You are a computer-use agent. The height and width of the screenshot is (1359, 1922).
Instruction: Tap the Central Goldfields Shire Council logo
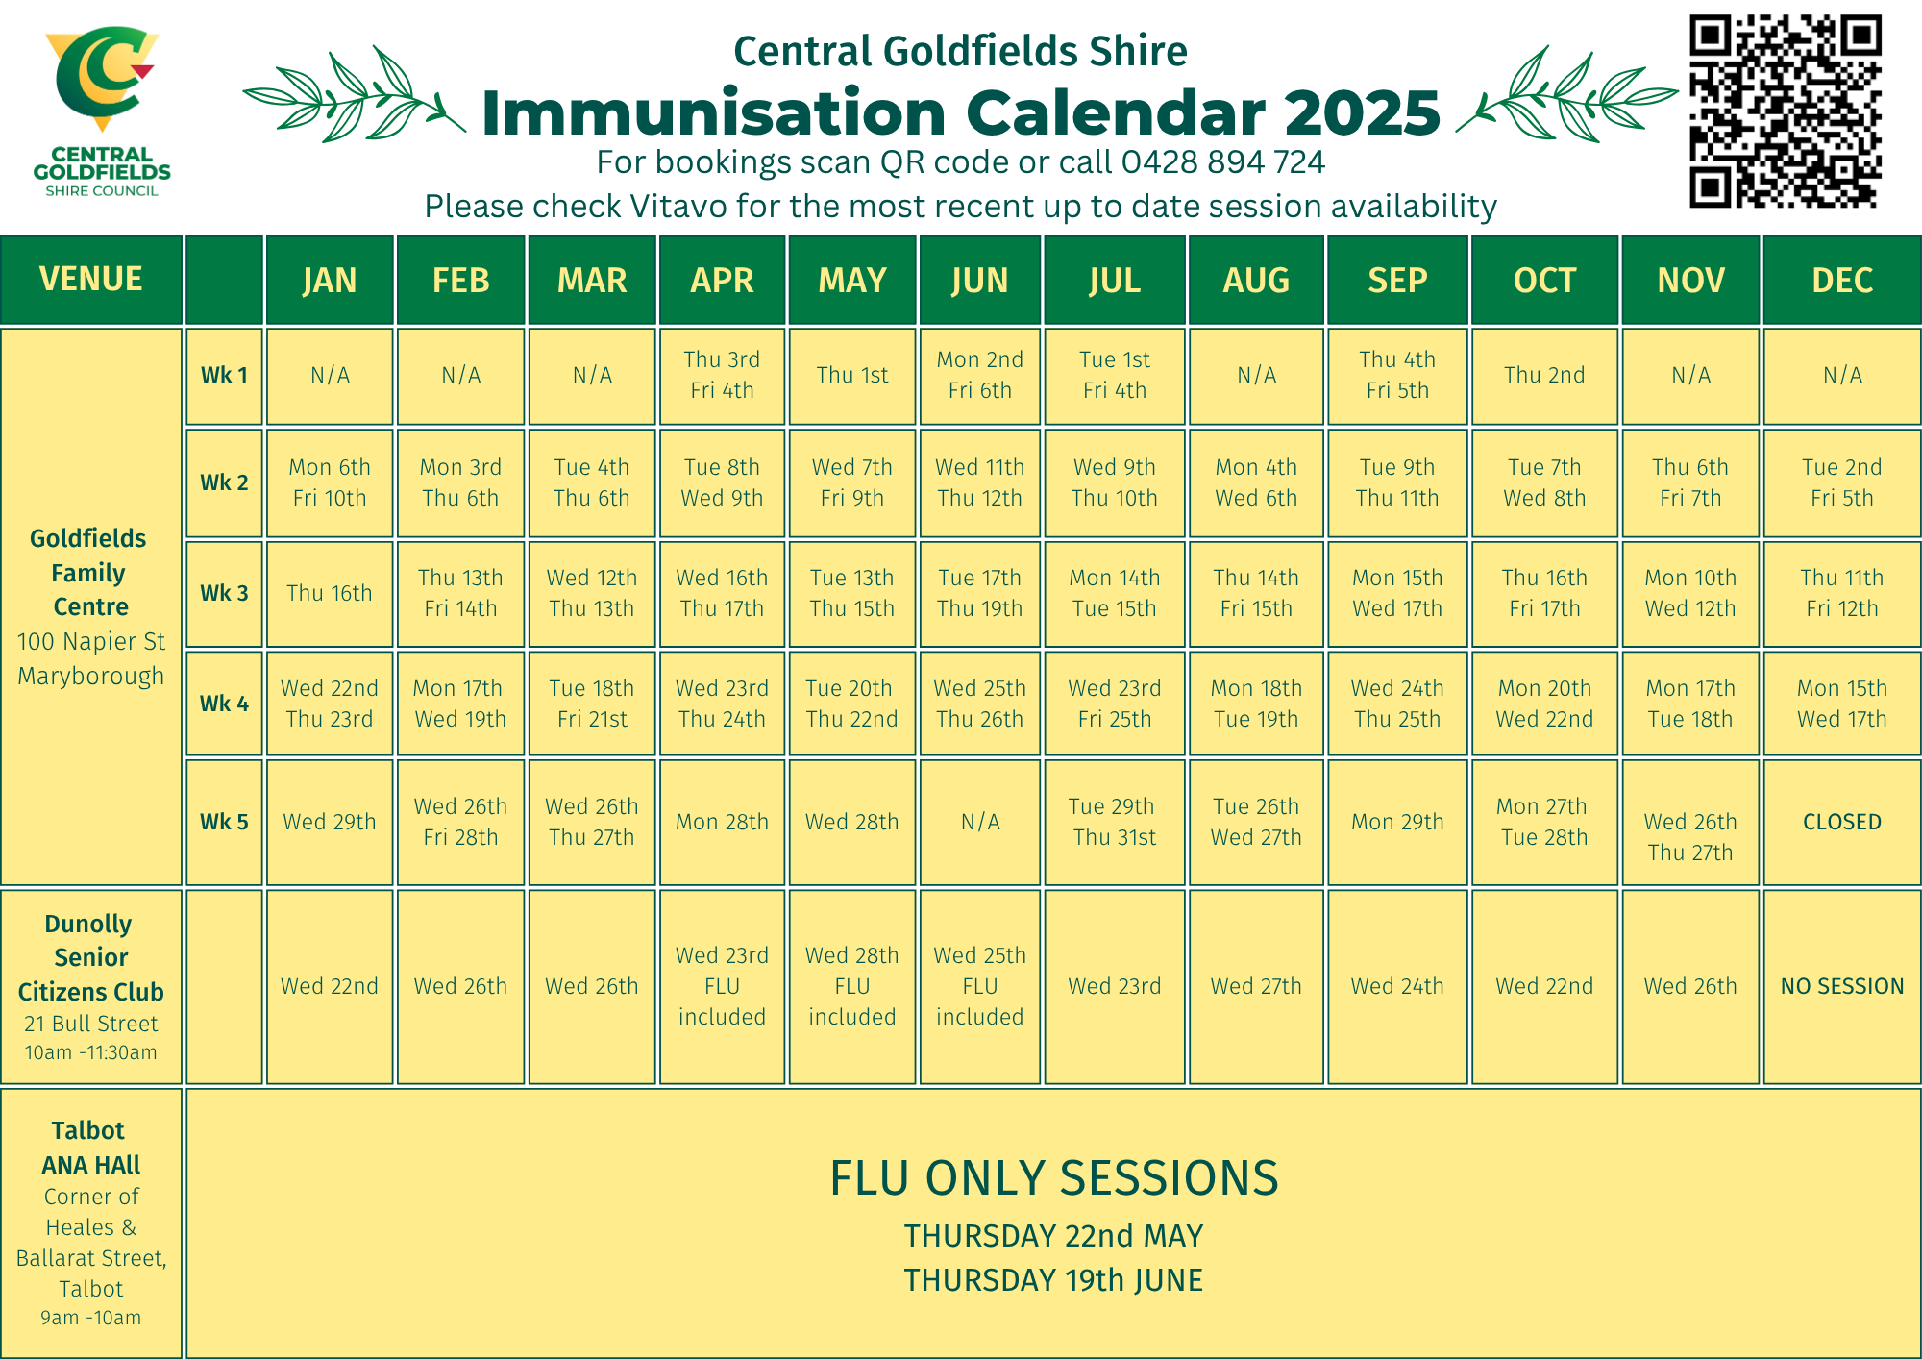(101, 111)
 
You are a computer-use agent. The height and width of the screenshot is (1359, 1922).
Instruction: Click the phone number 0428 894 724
(1222, 162)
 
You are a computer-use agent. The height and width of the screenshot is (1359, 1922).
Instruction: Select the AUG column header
(1256, 280)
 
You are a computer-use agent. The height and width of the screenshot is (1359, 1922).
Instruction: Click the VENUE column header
(91, 280)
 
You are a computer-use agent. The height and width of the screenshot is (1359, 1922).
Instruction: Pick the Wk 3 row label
(224, 593)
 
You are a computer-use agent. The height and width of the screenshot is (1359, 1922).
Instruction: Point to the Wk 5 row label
(224, 822)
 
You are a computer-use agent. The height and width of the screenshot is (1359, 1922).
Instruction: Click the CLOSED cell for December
(1841, 822)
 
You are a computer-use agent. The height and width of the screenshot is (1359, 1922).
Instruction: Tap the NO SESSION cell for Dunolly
(1841, 986)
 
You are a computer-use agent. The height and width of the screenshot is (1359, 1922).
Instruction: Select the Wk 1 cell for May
(851, 375)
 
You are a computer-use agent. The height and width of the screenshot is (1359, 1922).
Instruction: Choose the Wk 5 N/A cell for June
(980, 822)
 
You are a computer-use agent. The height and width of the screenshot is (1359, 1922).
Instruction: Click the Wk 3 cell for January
(330, 593)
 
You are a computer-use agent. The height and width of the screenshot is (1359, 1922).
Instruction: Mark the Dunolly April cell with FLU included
(722, 986)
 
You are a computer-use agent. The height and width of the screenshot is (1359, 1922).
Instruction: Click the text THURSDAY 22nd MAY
(1053, 1236)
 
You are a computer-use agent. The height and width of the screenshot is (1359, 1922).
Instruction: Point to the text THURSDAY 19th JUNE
(1053, 1280)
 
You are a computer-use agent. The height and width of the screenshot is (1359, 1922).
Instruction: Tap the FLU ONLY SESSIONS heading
(1054, 1177)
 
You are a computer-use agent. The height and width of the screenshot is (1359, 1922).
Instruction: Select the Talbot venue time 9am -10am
(91, 1318)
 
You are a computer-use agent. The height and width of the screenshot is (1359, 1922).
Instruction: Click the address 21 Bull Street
(91, 1024)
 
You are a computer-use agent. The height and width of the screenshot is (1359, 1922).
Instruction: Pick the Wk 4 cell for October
(1544, 704)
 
